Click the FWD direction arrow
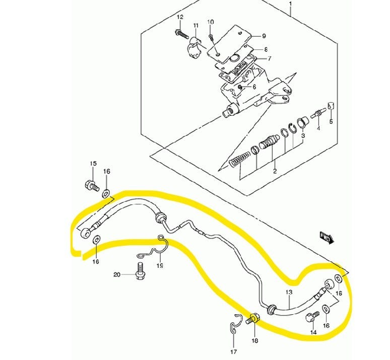327,238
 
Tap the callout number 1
290,4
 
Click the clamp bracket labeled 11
194,47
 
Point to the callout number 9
264,36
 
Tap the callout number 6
254,87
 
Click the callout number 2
275,171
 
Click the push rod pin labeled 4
318,113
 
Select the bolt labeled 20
140,271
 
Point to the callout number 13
289,292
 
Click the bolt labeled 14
312,317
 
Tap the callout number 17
233,352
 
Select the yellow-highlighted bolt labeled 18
253,319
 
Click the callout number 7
269,59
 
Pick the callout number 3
303,136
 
